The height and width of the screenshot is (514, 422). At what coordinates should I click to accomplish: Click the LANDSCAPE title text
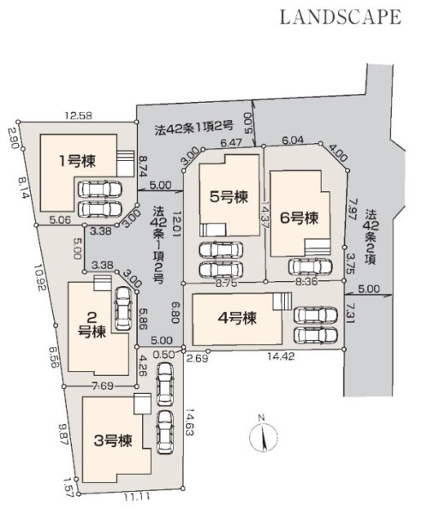[341, 17]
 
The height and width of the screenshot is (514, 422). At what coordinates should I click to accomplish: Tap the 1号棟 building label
[77, 161]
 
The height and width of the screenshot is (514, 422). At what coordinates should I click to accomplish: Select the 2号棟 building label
[92, 325]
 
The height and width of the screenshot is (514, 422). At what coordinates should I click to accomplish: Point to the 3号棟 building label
[113, 440]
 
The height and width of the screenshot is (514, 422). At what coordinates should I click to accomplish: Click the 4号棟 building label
[237, 318]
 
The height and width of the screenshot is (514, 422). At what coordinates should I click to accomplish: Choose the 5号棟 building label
[229, 197]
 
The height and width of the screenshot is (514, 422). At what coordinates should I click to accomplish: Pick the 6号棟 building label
[299, 218]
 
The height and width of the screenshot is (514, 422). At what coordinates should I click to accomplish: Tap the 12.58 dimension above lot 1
[78, 116]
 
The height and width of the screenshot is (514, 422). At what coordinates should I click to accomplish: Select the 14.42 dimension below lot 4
[281, 356]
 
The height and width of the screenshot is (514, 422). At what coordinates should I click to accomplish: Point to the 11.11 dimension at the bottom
[137, 497]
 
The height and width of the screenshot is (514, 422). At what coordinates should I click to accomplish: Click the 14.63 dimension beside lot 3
[189, 421]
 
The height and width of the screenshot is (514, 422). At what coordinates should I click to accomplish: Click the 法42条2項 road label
[371, 237]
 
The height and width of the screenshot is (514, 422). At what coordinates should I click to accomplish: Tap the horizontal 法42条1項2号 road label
[194, 128]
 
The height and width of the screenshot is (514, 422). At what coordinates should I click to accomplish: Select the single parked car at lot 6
[310, 266]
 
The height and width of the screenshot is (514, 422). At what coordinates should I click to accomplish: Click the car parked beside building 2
[123, 308]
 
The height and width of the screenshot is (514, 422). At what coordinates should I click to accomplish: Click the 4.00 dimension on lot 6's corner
[337, 153]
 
